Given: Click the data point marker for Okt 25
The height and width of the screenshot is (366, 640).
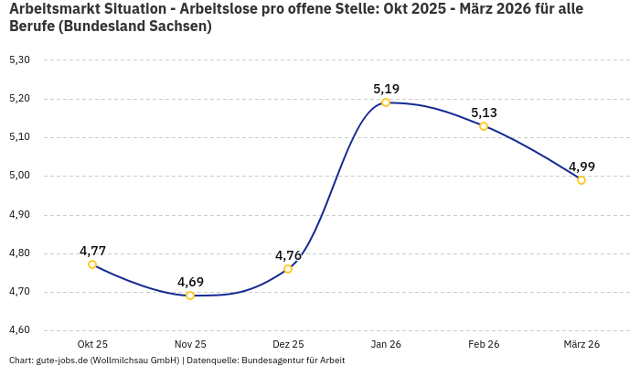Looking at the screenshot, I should click(92, 264).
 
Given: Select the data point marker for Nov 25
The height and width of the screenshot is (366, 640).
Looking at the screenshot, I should click(190, 296).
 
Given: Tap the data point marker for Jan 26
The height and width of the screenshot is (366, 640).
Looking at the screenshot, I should click(386, 102).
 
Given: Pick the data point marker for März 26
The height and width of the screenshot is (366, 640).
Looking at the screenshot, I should click(581, 180).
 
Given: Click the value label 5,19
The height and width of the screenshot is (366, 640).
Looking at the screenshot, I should click(386, 89).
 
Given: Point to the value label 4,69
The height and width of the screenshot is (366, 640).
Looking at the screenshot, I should click(190, 282).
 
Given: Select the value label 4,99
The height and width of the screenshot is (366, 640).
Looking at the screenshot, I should click(581, 167).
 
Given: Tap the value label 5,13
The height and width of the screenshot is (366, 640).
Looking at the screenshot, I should click(484, 113).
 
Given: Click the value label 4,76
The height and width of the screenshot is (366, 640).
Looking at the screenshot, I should click(288, 255).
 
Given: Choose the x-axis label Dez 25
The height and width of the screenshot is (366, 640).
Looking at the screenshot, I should click(288, 344).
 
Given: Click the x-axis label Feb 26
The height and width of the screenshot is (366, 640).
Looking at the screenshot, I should click(484, 344).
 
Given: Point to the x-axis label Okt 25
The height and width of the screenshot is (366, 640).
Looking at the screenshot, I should click(92, 344).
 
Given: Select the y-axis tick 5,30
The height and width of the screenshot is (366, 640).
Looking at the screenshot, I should click(19, 60).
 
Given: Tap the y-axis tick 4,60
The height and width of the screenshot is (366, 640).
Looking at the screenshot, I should click(19, 330).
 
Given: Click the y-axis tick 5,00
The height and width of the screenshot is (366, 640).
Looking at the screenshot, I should click(19, 176).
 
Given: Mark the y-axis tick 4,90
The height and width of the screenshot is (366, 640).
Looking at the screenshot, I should click(19, 215).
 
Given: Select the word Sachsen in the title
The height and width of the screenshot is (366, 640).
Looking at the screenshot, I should click(177, 27).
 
